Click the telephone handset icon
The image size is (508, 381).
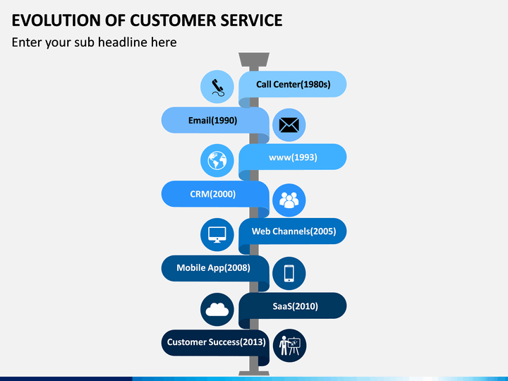[217, 87]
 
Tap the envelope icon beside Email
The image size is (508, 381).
[289, 125]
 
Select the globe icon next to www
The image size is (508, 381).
[217, 161]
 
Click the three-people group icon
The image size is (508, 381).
[289, 200]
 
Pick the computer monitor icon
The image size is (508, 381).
[217, 234]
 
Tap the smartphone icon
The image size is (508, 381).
[289, 273]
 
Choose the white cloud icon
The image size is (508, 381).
[217, 310]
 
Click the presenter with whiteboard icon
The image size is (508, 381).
[290, 346]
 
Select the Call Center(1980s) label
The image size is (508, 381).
[294, 85]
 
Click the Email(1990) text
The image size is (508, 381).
[213, 121]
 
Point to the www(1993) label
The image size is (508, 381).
[293, 157]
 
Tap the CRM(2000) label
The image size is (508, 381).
[213, 194]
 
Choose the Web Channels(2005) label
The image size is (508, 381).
[294, 231]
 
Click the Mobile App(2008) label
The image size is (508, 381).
[213, 268]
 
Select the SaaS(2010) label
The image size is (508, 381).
[295, 306]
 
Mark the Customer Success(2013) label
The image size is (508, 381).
[216, 342]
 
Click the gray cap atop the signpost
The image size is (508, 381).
[254, 59]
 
